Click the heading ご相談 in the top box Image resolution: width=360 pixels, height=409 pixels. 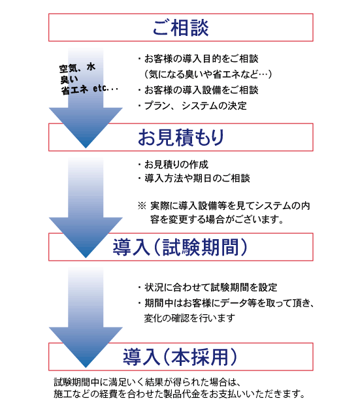[180, 27]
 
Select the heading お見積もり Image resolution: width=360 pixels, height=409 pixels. [180, 137]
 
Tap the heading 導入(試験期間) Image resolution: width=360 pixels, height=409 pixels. [180, 247]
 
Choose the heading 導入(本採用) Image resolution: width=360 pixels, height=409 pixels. [180, 357]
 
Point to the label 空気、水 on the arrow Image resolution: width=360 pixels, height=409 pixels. [77, 68]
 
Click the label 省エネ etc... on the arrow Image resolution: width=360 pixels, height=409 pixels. [90, 90]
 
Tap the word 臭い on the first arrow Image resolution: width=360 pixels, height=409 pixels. [69, 79]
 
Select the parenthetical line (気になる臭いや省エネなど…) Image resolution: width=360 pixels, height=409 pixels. [208, 74]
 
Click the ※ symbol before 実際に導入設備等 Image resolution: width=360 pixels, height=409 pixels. [142, 206]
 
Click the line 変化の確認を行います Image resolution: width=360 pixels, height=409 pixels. [189, 318]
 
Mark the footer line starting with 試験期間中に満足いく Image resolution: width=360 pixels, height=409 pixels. [147, 382]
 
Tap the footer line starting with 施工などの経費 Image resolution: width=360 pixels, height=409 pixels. [180, 394]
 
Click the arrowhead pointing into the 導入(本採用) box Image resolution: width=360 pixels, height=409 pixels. [86, 347]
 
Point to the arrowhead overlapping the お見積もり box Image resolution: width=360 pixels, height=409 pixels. [86, 128]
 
